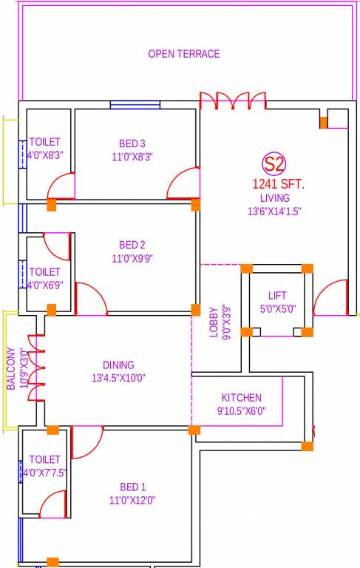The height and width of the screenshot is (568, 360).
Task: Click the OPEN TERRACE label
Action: (183, 54)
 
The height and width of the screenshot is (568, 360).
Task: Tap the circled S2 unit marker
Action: (274, 163)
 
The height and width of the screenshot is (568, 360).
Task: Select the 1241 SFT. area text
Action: (278, 184)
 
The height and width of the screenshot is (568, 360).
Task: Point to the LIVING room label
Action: (274, 198)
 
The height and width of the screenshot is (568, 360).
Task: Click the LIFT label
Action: (277, 296)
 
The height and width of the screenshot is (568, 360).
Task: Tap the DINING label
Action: (118, 365)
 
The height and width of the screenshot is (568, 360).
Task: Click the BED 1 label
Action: (132, 487)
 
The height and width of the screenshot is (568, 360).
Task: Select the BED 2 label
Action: (132, 245)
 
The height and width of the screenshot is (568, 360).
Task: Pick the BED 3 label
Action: (132, 143)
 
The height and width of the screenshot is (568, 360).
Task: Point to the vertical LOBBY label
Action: (213, 322)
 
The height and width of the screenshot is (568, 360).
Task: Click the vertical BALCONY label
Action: (11, 368)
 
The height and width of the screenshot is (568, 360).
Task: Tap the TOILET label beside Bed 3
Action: (44, 142)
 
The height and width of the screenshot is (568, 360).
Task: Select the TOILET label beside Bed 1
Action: (44, 459)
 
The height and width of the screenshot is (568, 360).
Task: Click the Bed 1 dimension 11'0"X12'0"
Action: (132, 500)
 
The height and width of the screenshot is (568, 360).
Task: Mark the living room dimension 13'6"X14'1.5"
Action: (274, 211)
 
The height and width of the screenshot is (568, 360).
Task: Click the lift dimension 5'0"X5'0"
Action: (277, 309)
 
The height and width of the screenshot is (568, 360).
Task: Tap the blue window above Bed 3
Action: (135, 104)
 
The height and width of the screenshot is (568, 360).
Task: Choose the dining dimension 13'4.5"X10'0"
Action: (118, 378)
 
